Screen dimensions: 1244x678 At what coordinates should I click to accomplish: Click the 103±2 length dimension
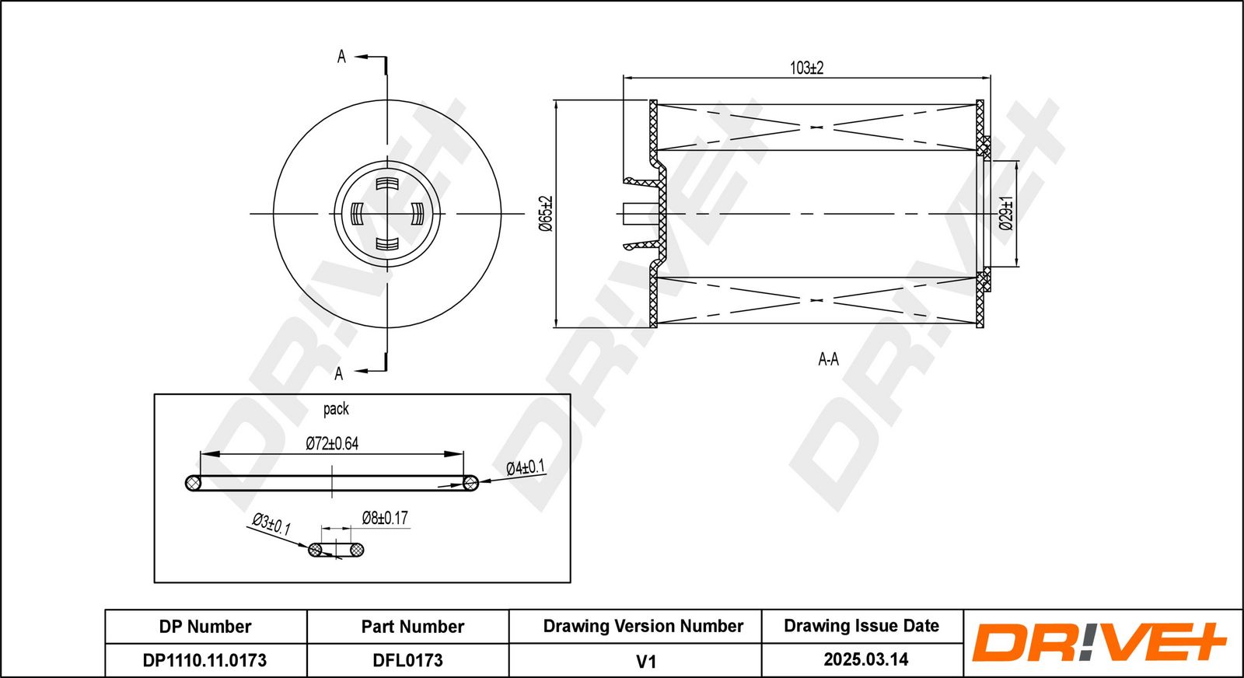806,68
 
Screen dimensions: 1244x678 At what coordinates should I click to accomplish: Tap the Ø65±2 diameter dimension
547,213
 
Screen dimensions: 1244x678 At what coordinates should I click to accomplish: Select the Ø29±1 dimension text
1006,213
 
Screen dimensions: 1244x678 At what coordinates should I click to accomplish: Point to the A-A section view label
828,359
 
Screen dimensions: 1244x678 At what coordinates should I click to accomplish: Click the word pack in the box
336,409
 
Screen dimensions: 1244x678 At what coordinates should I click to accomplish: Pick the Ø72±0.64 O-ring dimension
332,443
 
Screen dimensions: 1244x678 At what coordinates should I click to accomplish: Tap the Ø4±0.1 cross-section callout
526,467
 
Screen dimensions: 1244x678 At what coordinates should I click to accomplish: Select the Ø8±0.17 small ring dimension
385,518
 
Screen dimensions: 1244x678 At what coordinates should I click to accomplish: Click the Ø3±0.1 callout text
271,523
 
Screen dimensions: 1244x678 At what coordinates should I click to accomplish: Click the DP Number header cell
205,627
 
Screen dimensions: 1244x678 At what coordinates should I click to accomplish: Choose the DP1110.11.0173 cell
205,660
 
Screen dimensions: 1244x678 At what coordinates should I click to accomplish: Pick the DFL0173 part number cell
407,660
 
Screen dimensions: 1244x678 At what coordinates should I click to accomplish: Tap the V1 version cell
646,662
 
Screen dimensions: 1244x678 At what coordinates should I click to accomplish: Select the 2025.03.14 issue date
866,659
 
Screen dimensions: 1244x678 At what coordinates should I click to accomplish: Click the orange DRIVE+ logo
1099,642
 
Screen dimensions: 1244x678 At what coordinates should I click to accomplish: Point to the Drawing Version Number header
643,627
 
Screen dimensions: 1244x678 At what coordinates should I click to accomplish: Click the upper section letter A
341,57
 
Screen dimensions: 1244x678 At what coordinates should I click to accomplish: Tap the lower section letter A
339,374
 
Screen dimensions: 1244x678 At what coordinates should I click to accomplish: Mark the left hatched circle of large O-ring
194,483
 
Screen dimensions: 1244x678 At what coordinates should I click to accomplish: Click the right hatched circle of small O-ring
357,550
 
